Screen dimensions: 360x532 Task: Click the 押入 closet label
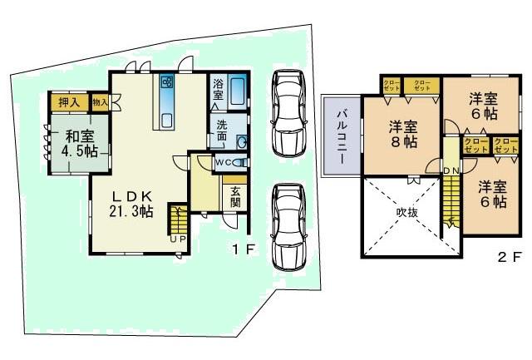[x=69, y=102]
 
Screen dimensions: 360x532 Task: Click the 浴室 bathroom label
[x=218, y=89]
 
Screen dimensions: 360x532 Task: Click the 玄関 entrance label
[x=235, y=196]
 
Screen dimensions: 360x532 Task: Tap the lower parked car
[x=288, y=224]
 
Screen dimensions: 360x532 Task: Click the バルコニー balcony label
[x=342, y=135]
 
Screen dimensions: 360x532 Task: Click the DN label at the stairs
[x=451, y=170]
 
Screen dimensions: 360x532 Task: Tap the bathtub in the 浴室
[x=237, y=90]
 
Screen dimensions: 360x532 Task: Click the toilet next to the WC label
[x=240, y=163]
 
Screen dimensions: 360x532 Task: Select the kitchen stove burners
[x=166, y=83]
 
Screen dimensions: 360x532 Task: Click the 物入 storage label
[x=100, y=102]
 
